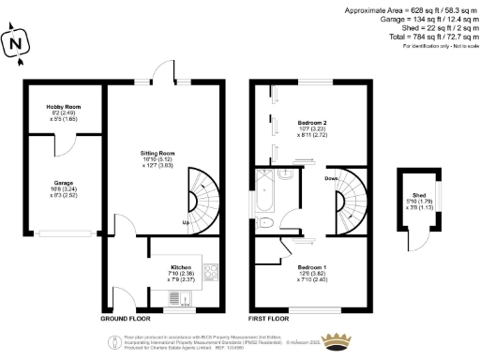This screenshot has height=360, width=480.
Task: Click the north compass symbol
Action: tap(14, 42)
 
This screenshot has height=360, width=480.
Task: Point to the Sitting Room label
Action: tap(156, 158)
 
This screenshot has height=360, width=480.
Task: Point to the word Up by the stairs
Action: tap(187, 223)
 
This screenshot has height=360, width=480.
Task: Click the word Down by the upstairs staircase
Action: tap(331, 177)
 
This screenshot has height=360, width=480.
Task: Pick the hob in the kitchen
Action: tap(211, 275)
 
